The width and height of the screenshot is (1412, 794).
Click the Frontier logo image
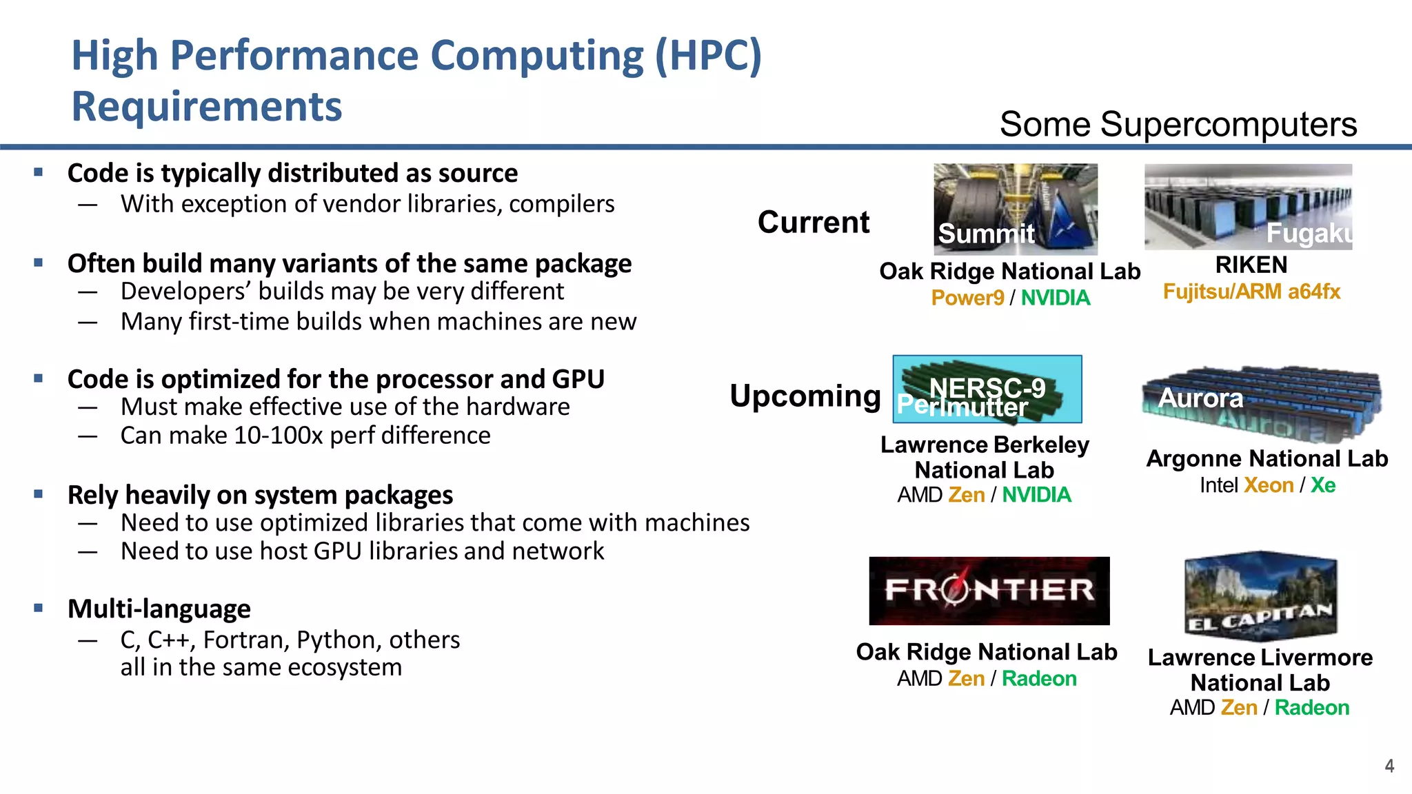point(989,591)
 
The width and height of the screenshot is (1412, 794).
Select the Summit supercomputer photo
point(1015,208)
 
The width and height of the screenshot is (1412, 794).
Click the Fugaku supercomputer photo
point(1248,206)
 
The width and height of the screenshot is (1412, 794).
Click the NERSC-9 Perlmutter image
point(987,389)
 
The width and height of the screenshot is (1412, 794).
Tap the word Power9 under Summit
point(967,298)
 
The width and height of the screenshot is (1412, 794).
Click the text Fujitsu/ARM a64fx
point(1251,292)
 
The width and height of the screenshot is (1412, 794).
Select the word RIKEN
point(1251,265)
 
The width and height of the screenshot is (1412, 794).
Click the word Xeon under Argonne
point(1269,485)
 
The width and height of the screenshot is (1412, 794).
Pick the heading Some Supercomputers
point(1178,125)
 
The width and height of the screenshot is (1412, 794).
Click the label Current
point(814,222)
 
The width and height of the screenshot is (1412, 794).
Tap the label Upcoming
point(805,396)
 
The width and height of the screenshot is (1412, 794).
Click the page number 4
point(1389,766)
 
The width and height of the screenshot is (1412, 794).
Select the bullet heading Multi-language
point(159,609)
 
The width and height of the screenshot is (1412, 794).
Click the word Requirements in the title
point(207,107)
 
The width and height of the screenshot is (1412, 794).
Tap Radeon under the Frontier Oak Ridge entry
point(1039,679)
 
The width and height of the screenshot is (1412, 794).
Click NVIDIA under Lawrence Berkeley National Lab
point(1036,495)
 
